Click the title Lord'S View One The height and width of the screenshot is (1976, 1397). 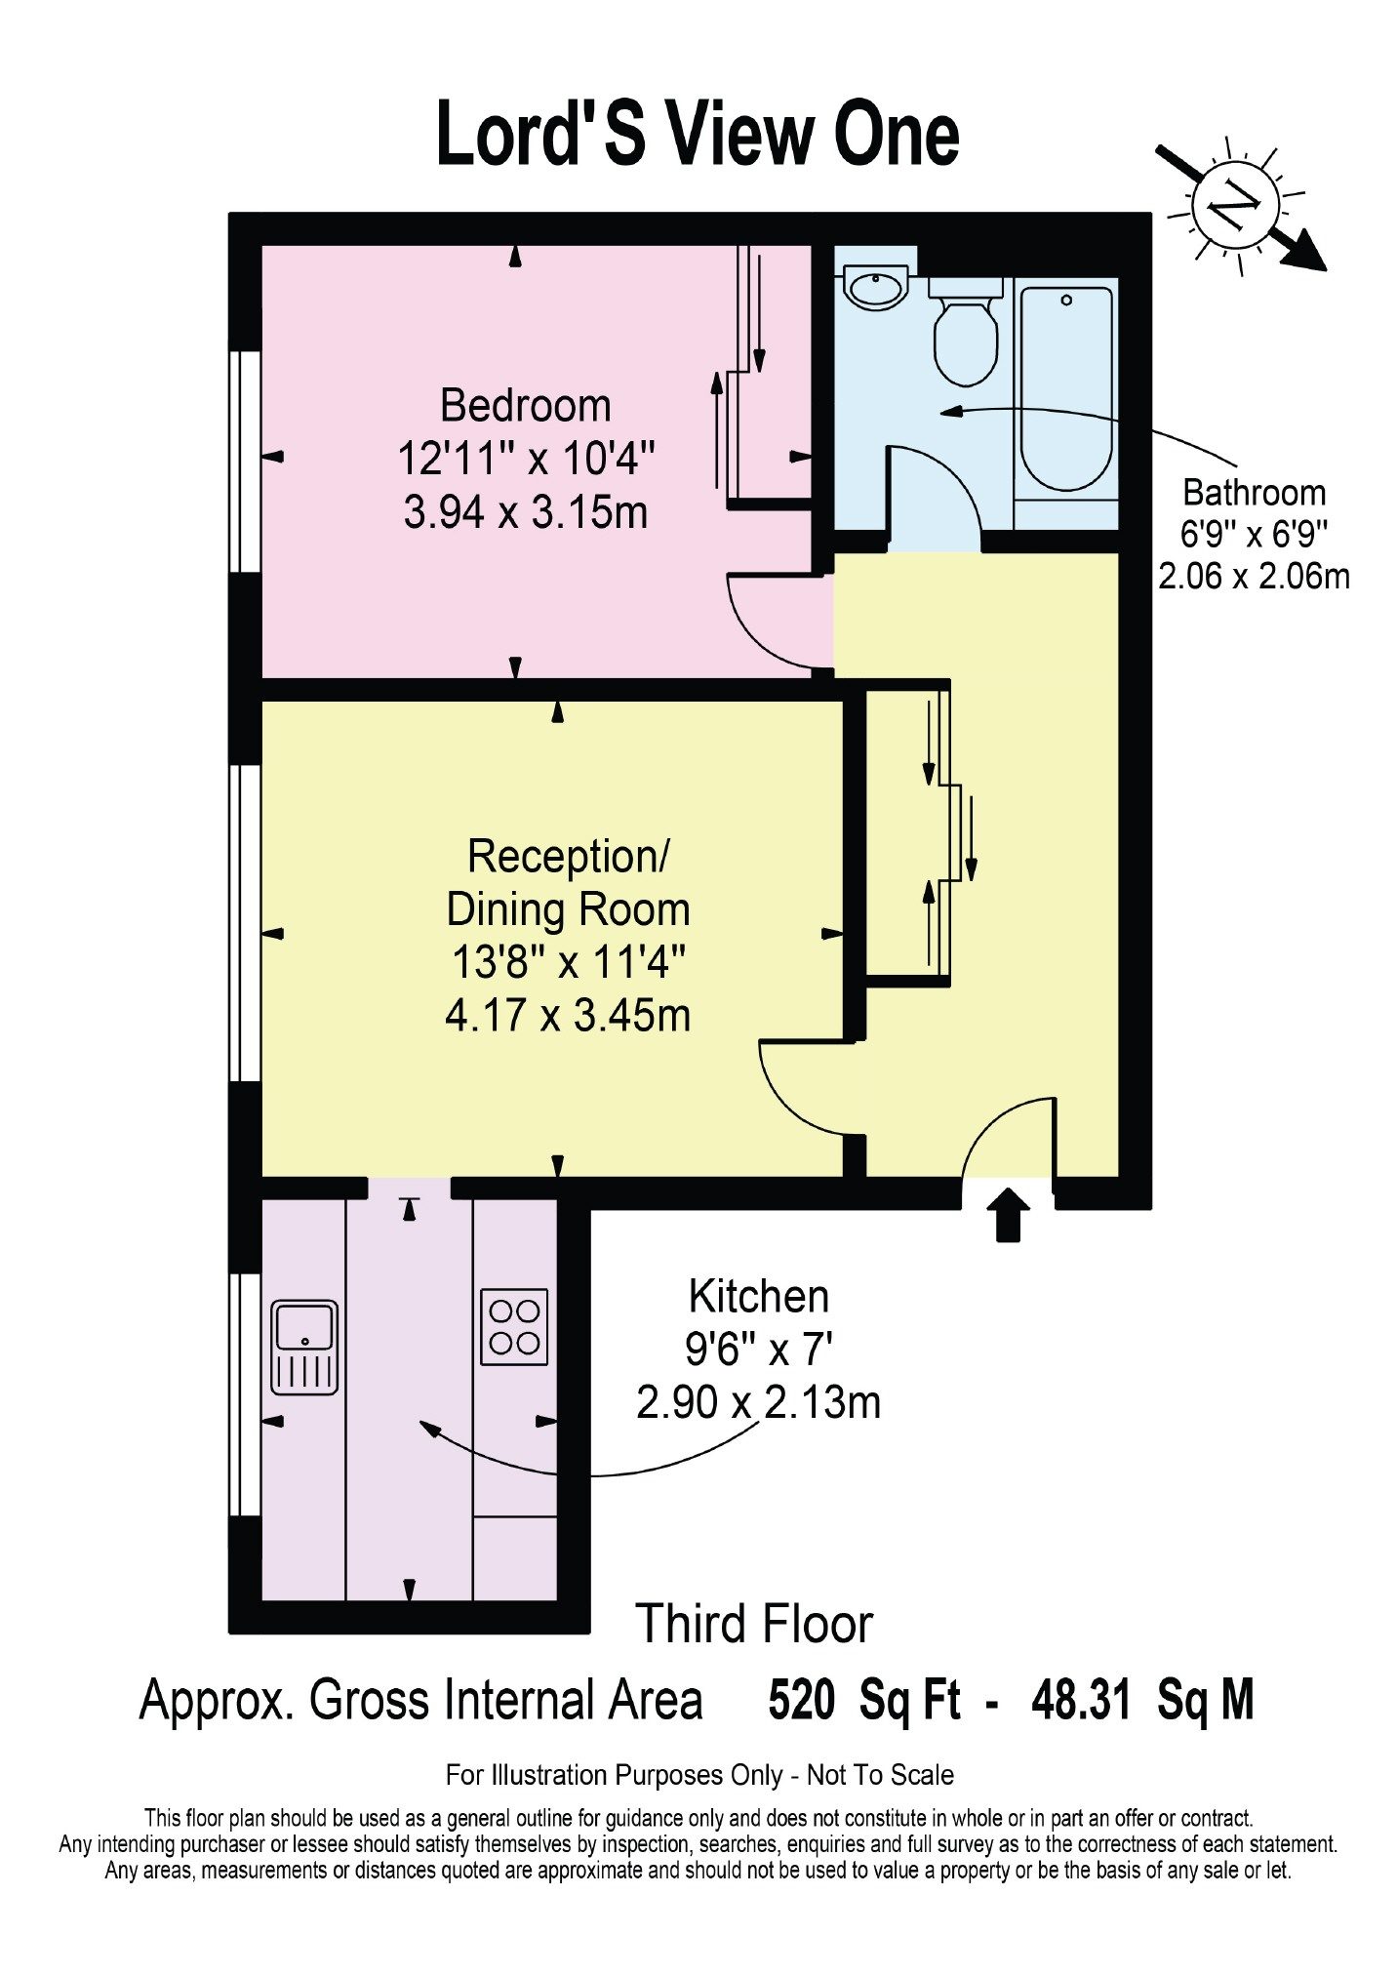[x=698, y=134]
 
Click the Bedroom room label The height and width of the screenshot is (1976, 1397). [x=526, y=406]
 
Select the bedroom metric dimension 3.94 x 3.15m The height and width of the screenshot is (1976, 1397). [x=526, y=512]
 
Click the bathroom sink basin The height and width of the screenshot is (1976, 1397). [x=876, y=288]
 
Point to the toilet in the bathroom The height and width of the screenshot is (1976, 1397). [x=966, y=331]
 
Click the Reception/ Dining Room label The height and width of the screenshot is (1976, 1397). [x=568, y=883]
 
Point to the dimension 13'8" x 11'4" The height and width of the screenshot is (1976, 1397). [x=568, y=963]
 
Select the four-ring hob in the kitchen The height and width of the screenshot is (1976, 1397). [x=514, y=1327]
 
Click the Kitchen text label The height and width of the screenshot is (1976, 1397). [x=759, y=1297]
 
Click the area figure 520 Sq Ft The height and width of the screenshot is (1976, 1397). [x=864, y=1699]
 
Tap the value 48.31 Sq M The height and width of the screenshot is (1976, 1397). [x=1142, y=1699]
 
